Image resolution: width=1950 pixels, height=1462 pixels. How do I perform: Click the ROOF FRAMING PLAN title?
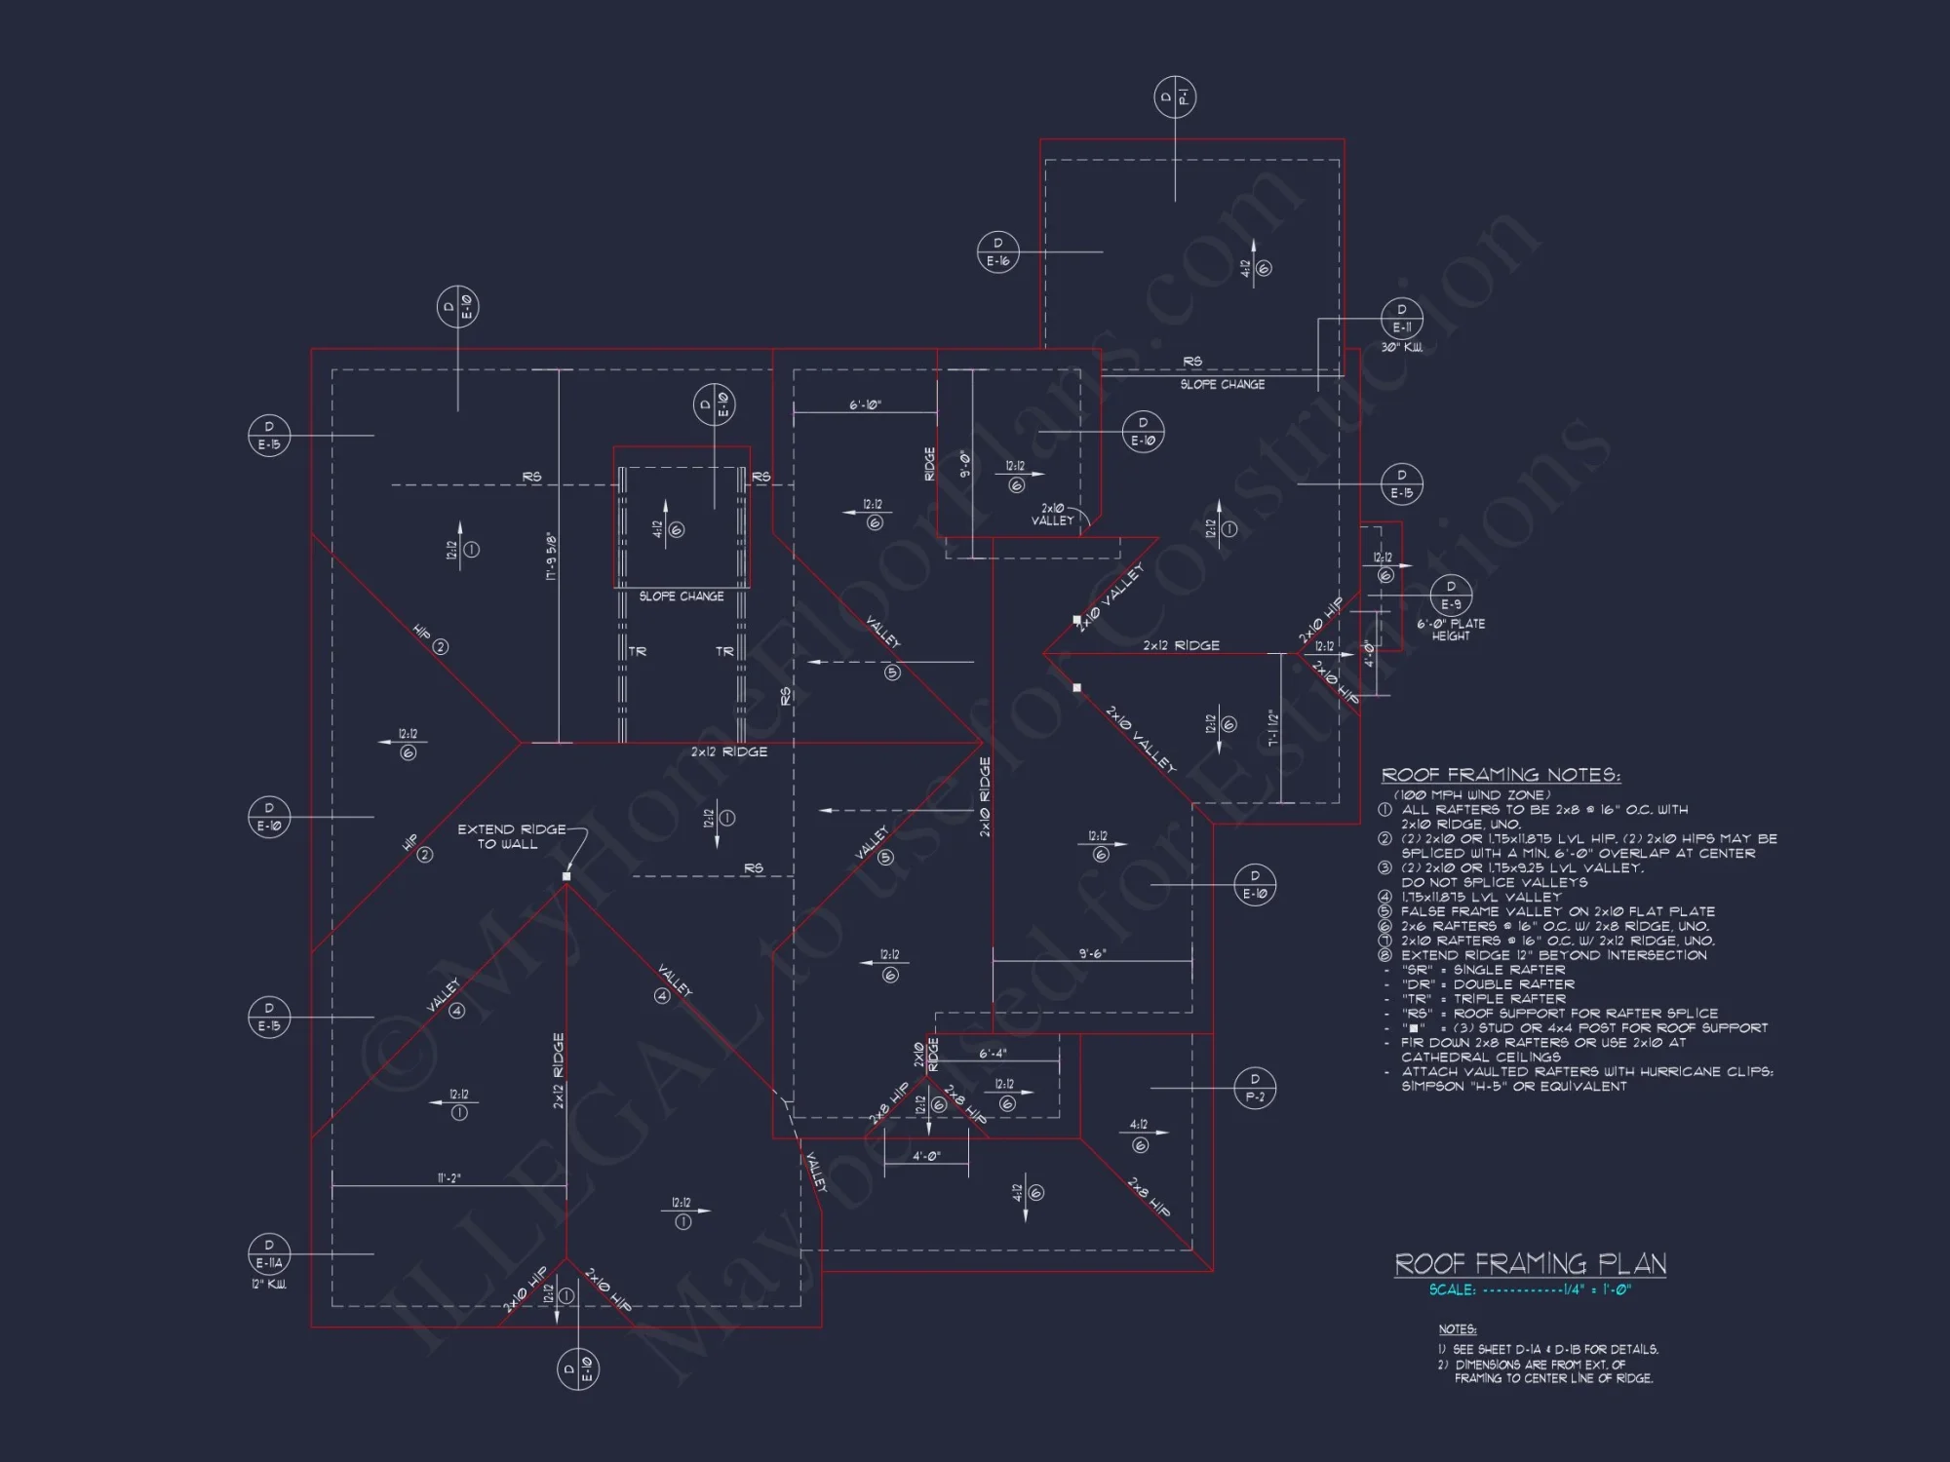pos(1530,1264)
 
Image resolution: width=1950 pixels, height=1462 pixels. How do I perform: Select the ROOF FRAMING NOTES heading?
pos(1501,775)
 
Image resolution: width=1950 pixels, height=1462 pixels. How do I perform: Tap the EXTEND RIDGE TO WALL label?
pos(511,836)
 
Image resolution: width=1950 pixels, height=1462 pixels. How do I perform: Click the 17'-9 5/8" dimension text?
pos(551,557)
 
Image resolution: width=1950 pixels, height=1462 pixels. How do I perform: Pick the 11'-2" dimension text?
pos(448,1178)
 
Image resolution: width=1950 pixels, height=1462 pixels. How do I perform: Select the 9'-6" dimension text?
pos(1092,953)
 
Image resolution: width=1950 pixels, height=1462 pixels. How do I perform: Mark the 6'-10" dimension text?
pos(865,404)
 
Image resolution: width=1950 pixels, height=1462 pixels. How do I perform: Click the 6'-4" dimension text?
pos(993,1053)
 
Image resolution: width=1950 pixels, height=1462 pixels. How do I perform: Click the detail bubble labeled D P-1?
pos(1175,96)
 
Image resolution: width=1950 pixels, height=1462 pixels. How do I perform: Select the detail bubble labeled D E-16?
pos(997,251)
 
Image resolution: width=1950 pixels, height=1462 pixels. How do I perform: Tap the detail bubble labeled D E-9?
pos(1451,595)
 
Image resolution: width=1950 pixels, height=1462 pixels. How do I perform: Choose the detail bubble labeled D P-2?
pos(1255,1087)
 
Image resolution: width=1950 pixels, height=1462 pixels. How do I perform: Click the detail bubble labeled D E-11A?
pos(269,1253)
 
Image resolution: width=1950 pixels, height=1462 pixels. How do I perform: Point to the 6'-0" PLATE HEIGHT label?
pos(1451,630)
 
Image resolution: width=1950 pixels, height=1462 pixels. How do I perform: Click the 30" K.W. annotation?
pos(1401,347)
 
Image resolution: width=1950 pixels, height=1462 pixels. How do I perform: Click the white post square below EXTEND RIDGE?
pos(566,876)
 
